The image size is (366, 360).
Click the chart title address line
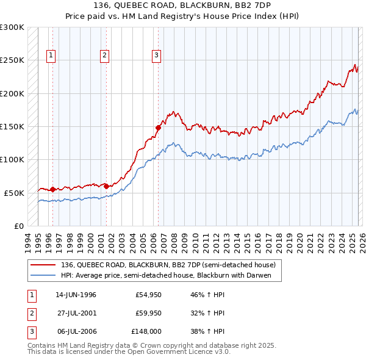[182, 5]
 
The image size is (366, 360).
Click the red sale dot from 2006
[158, 128]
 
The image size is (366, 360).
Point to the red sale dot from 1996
[52, 189]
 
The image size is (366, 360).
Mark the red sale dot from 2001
[106, 186]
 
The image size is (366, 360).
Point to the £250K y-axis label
[12, 60]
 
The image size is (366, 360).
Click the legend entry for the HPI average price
[170, 276]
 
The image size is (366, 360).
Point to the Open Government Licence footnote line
[129, 351]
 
